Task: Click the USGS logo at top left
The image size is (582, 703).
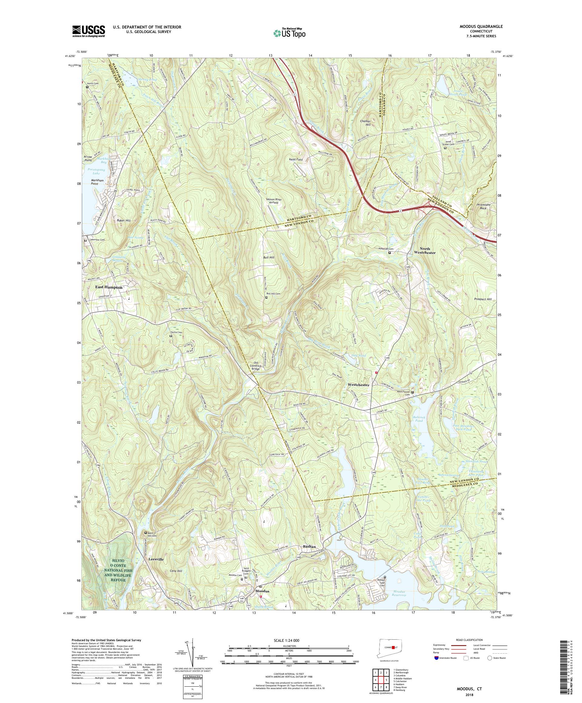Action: pos(89,32)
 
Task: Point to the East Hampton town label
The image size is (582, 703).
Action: pos(109,287)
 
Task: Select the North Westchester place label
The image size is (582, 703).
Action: pos(425,250)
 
